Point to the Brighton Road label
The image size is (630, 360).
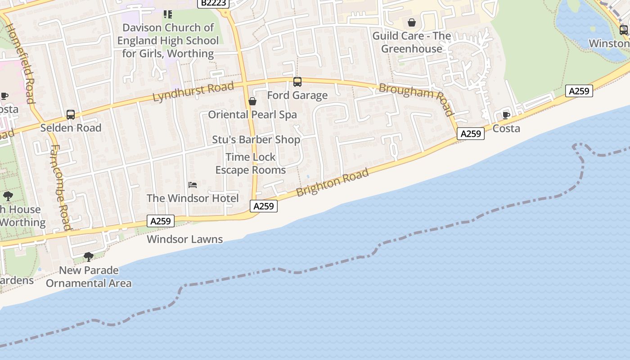[333, 182]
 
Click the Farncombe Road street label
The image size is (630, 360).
[60, 187]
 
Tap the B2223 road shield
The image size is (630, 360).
[214, 3]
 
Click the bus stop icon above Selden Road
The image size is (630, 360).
[71, 115]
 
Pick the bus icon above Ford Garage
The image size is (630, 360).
[297, 82]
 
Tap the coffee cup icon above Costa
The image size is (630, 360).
[506, 115]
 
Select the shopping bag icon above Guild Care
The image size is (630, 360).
[412, 22]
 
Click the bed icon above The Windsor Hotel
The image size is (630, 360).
[193, 185]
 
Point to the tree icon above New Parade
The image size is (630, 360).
[89, 257]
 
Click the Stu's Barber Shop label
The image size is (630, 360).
[256, 139]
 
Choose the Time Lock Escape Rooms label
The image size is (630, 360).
[251, 163]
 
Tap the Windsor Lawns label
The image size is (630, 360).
[184, 239]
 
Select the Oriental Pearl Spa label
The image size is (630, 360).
[252, 115]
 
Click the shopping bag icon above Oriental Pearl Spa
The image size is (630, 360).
[252, 101]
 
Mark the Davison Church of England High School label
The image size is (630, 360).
[168, 40]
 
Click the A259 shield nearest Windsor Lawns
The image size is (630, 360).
[161, 221]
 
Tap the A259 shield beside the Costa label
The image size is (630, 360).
[471, 134]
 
